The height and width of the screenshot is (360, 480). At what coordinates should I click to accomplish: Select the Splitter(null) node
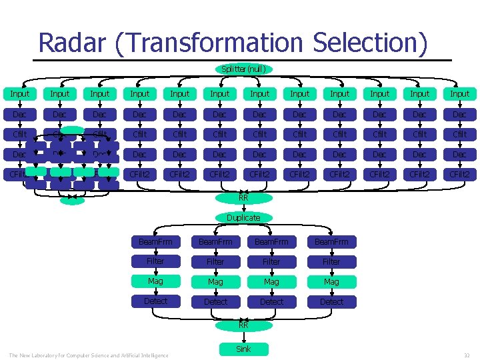[x=243, y=69]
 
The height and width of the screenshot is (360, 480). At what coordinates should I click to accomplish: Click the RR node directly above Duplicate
[x=243, y=197]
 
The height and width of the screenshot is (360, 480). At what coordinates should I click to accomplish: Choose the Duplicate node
[x=243, y=217]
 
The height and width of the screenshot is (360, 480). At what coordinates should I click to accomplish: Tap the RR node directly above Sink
[x=243, y=325]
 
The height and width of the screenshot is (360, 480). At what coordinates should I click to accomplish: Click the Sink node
[x=243, y=349]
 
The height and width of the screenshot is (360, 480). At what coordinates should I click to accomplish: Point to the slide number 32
[x=467, y=355]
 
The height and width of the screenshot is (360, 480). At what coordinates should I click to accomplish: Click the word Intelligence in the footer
[x=153, y=355]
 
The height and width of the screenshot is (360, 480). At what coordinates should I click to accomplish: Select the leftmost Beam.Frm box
[x=155, y=241]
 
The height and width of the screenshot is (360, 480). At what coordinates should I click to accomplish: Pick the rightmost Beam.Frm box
[x=331, y=241]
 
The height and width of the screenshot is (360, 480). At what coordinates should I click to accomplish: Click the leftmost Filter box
[x=155, y=261]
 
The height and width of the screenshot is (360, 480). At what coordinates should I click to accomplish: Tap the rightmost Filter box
[x=331, y=261]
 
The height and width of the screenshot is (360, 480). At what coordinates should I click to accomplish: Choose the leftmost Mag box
[x=155, y=281]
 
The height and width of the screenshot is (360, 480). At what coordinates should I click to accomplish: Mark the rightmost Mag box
[x=331, y=281]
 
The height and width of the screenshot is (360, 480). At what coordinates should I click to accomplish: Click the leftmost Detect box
[x=155, y=301]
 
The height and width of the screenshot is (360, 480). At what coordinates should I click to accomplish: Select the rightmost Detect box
[x=331, y=301]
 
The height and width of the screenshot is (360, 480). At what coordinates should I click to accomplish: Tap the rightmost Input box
[x=459, y=94]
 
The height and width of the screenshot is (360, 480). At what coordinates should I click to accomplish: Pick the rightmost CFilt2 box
[x=459, y=175]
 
